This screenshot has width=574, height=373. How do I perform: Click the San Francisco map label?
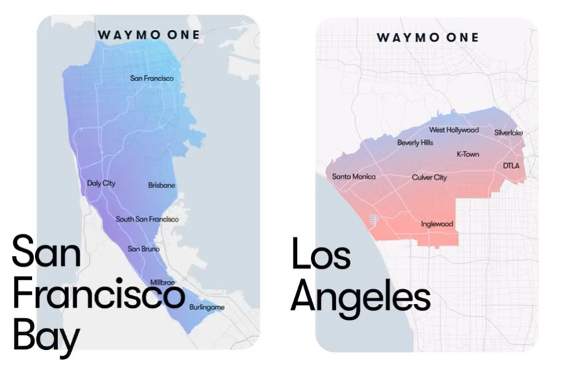pyautogui.click(x=152, y=78)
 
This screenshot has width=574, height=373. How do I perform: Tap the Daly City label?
pyautogui.click(x=101, y=183)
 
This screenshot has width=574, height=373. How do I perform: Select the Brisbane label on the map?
pyautogui.click(x=162, y=186)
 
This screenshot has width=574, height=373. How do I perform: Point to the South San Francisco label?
pyautogui.click(x=147, y=219)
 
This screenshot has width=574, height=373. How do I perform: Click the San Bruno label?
pyautogui.click(x=143, y=249)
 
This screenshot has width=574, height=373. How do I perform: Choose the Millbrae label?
pyautogui.click(x=162, y=283)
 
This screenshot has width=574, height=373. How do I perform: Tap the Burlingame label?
pyautogui.click(x=206, y=307)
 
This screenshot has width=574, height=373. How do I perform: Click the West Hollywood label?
pyautogui.click(x=453, y=130)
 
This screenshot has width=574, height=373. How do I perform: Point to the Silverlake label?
pyautogui.click(x=508, y=132)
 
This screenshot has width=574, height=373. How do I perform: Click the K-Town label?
pyautogui.click(x=467, y=154)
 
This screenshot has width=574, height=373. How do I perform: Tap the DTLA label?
pyautogui.click(x=511, y=165)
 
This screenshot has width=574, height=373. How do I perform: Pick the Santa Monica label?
pyautogui.click(x=354, y=177)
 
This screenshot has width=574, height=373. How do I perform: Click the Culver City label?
pyautogui.click(x=430, y=178)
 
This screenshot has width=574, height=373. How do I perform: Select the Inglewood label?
pyautogui.click(x=437, y=224)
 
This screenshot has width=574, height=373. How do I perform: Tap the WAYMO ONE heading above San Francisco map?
pyautogui.click(x=148, y=35)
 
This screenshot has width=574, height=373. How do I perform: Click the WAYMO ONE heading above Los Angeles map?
pyautogui.click(x=428, y=37)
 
